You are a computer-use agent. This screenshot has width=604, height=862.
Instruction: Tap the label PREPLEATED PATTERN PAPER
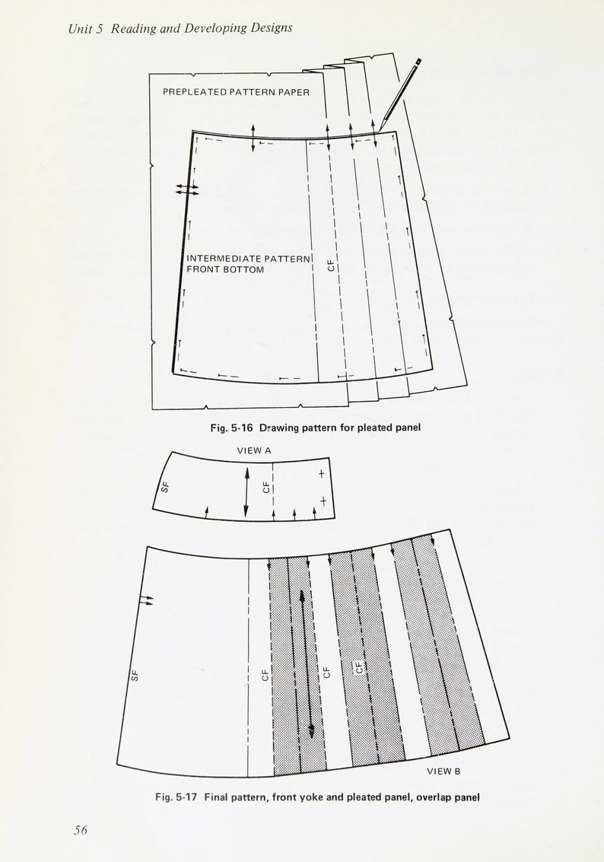tap(236, 92)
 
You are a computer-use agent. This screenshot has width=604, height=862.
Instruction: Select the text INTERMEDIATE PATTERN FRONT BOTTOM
tap(249, 264)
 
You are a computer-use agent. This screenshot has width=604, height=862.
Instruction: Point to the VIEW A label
tap(254, 450)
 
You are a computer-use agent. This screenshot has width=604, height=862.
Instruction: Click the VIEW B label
tap(443, 771)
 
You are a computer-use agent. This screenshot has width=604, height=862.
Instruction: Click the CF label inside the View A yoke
tap(266, 485)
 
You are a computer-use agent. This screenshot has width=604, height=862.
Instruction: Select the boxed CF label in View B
tap(360, 668)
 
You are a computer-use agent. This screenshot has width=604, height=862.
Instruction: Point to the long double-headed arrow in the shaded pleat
tap(307, 662)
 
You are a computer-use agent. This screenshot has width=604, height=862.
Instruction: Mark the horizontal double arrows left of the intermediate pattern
tap(186, 189)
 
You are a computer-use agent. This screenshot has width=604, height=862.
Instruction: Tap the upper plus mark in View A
tap(322, 474)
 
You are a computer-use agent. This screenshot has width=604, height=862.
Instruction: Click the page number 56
tap(81, 830)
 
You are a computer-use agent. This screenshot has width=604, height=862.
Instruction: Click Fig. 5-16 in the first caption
tap(231, 428)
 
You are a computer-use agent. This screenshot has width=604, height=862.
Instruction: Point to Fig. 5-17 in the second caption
tap(176, 797)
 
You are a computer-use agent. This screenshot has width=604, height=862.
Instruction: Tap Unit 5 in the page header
tap(85, 28)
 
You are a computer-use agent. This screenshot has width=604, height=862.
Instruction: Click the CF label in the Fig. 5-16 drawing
tap(331, 266)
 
